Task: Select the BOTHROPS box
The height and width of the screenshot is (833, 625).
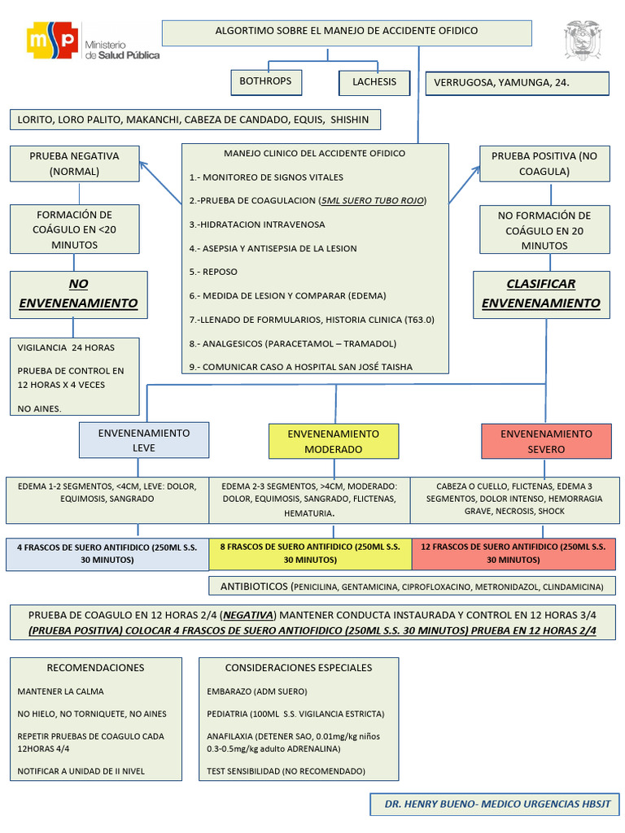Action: (x=264, y=82)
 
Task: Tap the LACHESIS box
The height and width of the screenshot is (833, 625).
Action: (x=374, y=83)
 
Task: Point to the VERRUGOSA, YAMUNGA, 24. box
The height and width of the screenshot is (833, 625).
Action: (x=517, y=84)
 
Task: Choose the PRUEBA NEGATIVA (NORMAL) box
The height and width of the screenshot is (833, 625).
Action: (x=74, y=164)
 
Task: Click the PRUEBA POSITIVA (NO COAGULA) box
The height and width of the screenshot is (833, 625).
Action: (x=544, y=164)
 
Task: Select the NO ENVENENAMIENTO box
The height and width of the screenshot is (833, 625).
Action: (x=78, y=294)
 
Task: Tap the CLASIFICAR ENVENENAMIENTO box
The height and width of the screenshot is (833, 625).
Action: (x=540, y=294)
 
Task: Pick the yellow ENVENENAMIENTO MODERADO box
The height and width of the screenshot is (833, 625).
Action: (x=334, y=441)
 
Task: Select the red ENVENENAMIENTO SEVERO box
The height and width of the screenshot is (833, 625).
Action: (x=546, y=441)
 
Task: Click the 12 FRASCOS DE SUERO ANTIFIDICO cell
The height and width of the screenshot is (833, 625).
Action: (x=514, y=553)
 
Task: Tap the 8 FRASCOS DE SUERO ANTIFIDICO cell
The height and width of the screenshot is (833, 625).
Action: (x=310, y=553)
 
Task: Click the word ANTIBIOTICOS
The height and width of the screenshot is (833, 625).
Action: (x=254, y=587)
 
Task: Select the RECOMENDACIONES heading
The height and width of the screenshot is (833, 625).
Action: (x=95, y=668)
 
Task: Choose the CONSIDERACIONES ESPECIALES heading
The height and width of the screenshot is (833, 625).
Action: (x=298, y=668)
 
